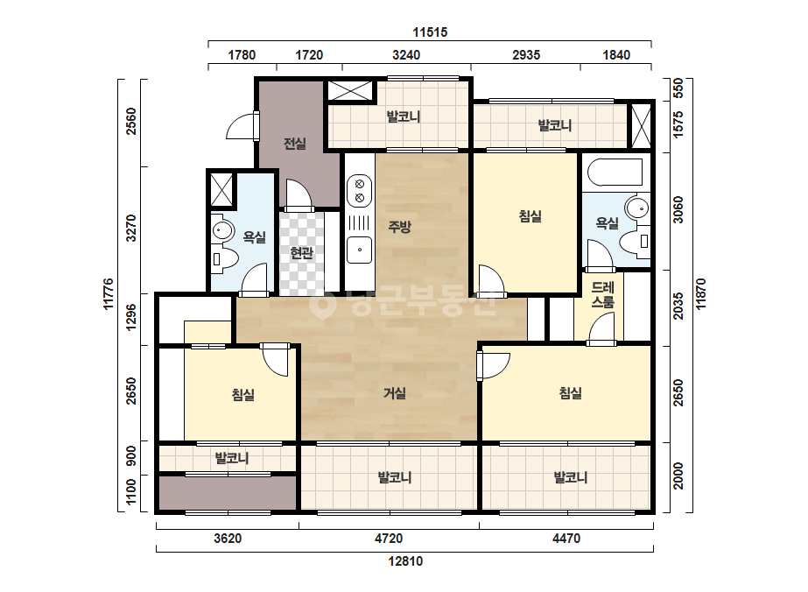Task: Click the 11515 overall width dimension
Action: click(x=430, y=32)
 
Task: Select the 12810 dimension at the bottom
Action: click(x=405, y=561)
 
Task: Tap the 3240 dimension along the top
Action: click(x=406, y=55)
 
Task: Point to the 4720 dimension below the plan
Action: click(x=389, y=539)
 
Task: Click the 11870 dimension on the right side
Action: click(x=701, y=294)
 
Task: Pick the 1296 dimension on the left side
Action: click(x=131, y=317)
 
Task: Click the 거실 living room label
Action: click(x=395, y=393)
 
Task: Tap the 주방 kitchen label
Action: click(x=400, y=227)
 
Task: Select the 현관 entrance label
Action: click(x=301, y=253)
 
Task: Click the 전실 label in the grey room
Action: click(x=295, y=144)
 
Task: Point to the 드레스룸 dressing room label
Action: click(x=602, y=294)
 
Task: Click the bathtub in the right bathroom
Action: click(x=615, y=172)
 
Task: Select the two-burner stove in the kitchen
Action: click(x=359, y=190)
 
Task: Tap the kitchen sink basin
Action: click(x=359, y=250)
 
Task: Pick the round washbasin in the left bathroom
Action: click(x=222, y=229)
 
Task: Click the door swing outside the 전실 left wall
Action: click(x=241, y=126)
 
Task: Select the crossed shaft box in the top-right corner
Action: click(x=641, y=126)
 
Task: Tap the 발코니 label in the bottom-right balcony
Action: click(x=571, y=477)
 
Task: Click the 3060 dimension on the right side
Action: click(x=678, y=209)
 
